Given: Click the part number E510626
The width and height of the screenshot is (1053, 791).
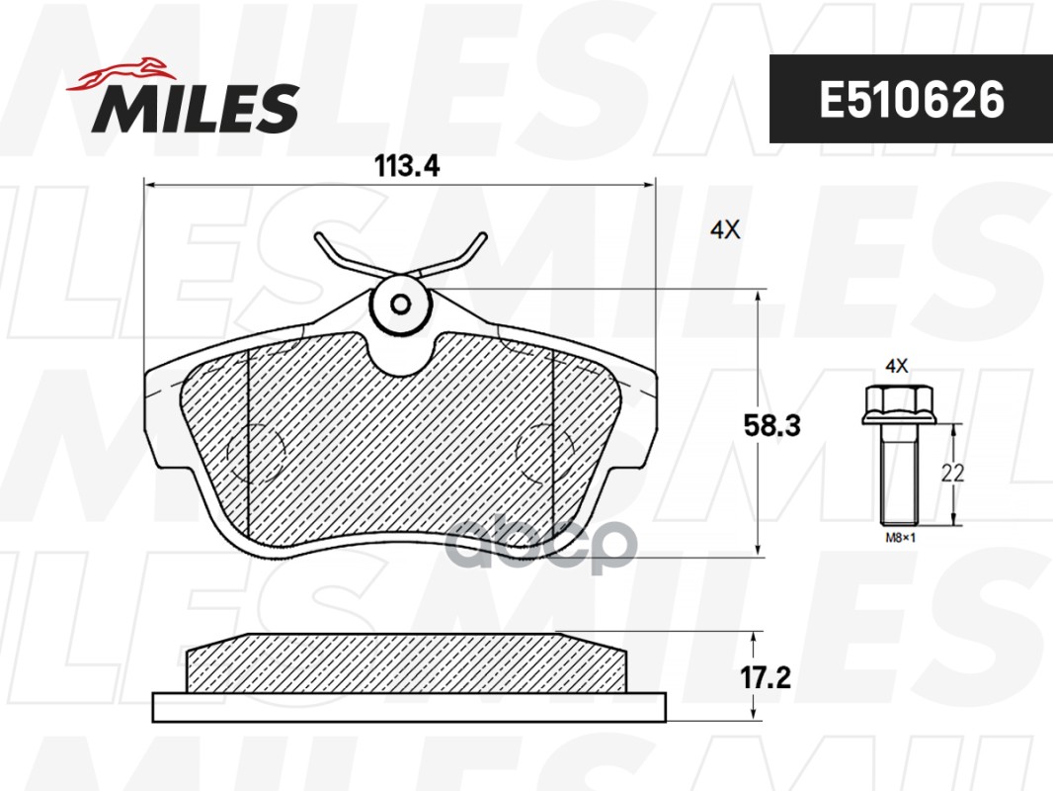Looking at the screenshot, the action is point(912,100).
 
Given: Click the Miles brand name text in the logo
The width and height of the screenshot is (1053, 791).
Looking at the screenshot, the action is point(196,108).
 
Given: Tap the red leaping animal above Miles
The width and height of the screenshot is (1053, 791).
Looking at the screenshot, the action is point(121,74).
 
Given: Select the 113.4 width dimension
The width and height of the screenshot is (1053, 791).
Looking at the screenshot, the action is point(407,165).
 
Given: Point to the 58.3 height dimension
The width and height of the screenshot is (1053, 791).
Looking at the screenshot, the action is point(772,425).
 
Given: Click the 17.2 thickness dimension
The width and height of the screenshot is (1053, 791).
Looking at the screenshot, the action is point(766,677).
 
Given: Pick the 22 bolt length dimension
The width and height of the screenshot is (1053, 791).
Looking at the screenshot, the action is point(952,474).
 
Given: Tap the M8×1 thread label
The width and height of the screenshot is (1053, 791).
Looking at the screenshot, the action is point(901,538).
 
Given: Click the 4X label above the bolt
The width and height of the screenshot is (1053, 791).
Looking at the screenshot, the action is point(897,366).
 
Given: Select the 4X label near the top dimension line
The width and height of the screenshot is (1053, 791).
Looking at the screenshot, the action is point(725,230).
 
